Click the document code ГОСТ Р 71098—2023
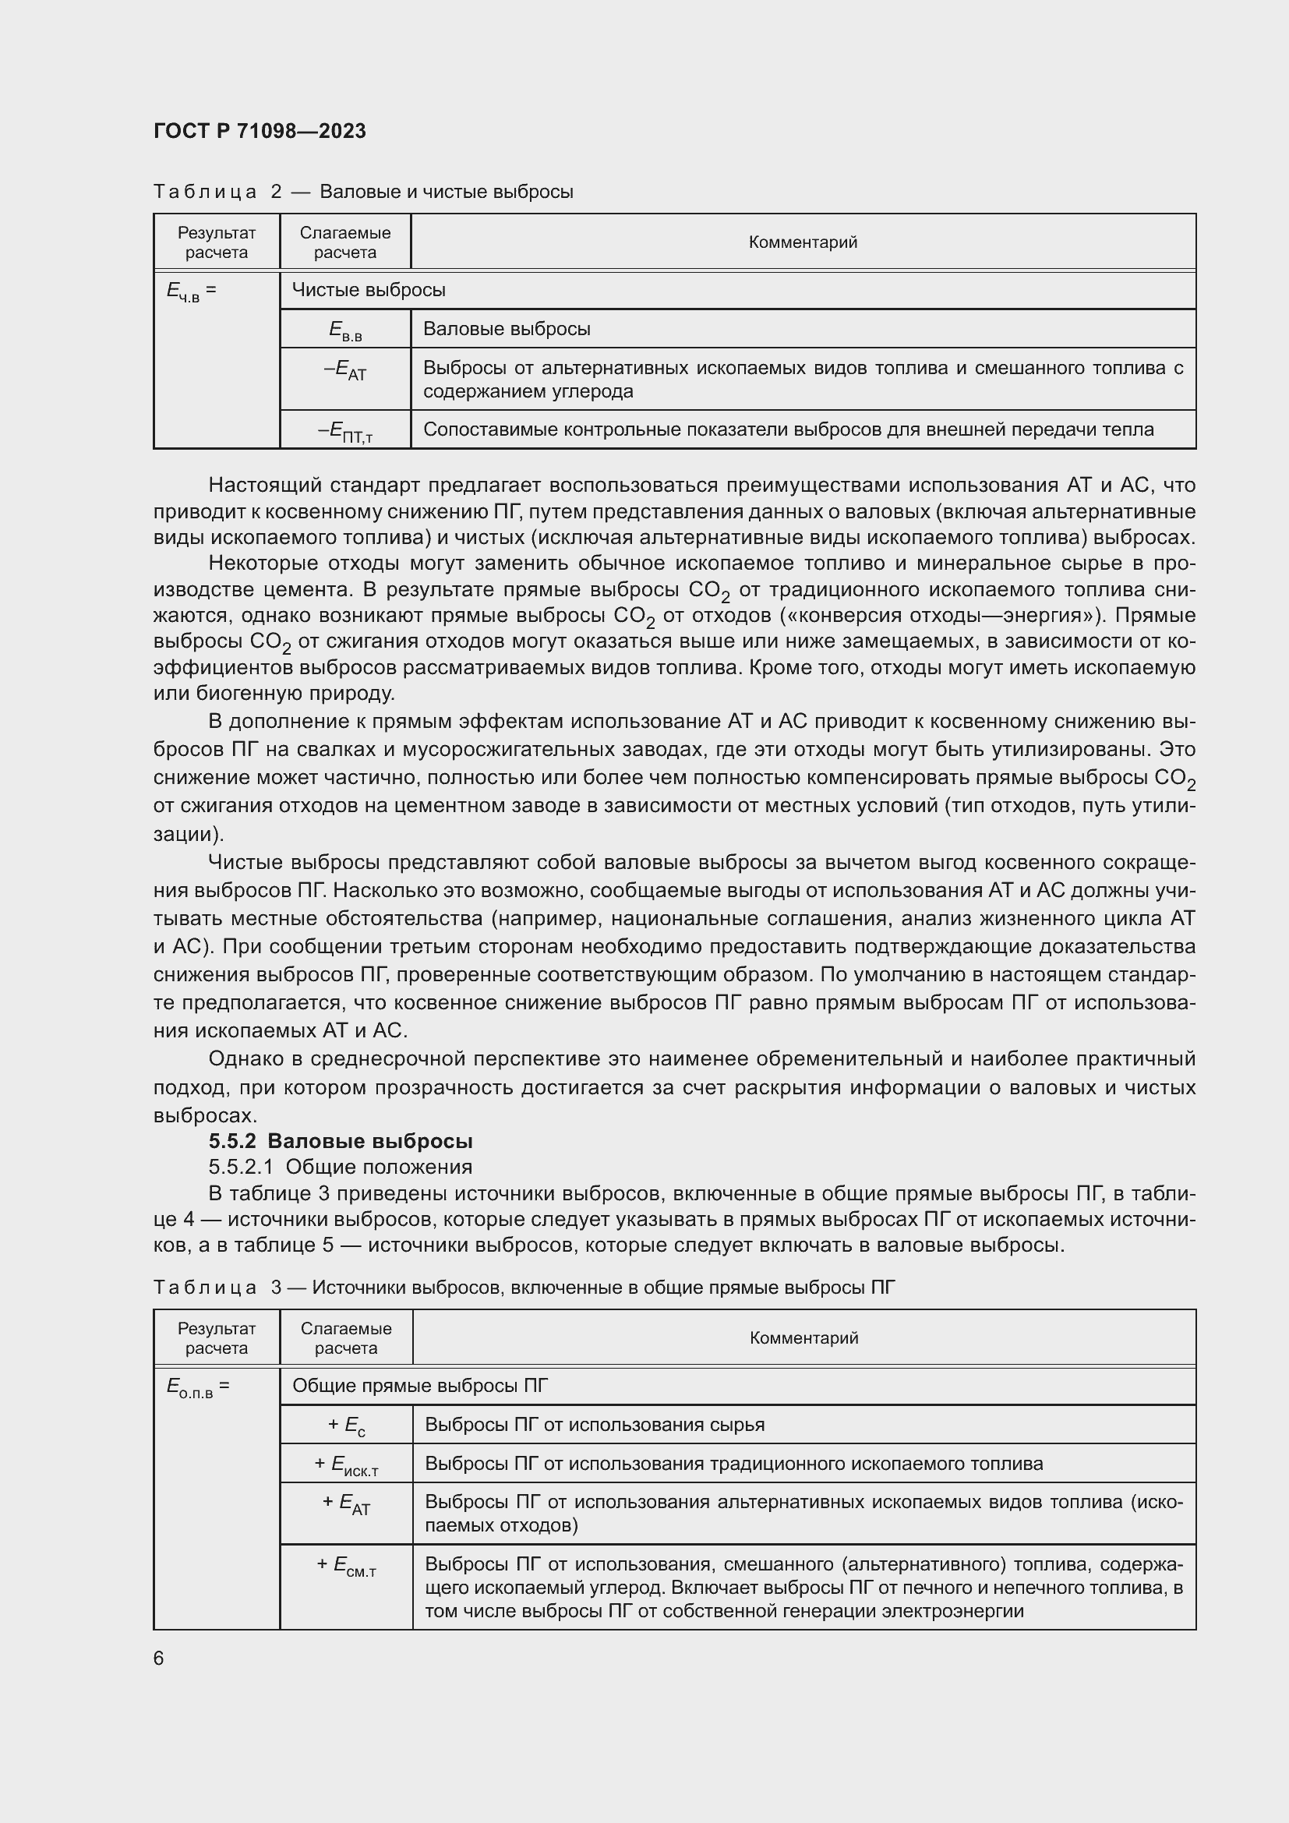coord(260,131)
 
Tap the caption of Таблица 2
coord(362,192)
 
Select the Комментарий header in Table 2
coord(803,242)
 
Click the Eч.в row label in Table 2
coord(191,291)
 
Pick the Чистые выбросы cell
coord(369,290)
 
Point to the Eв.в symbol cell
coord(345,330)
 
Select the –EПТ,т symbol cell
coord(345,431)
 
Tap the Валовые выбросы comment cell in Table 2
coord(507,329)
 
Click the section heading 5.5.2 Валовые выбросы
coord(341,1141)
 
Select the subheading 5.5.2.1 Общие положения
coord(341,1167)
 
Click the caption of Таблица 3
coord(524,1287)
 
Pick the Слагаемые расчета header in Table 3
coord(346,1338)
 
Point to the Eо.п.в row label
coord(198,1387)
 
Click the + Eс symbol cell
coord(346,1426)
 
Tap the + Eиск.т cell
coord(346,1464)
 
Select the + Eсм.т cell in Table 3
coord(346,1566)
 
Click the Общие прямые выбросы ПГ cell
coord(420,1386)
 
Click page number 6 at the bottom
coord(159,1659)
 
